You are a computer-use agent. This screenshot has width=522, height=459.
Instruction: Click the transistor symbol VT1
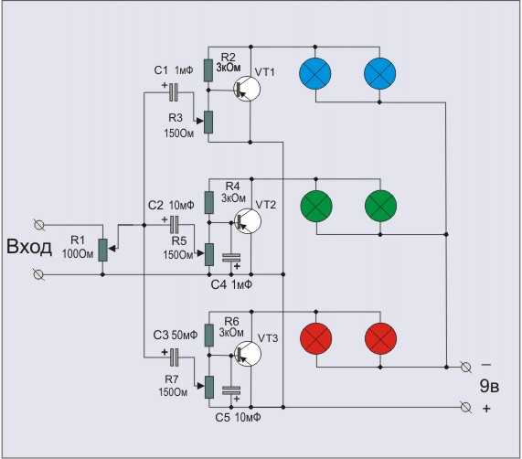(247, 90)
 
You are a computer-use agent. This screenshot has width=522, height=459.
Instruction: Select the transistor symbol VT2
(248, 221)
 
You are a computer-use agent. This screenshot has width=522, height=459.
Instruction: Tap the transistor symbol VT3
(248, 354)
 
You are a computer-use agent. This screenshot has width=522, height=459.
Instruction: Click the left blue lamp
(315, 73)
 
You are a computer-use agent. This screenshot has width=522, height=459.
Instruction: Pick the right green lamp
(380, 206)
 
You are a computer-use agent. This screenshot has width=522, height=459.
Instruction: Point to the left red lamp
(316, 339)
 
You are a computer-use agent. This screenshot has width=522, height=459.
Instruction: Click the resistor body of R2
(208, 70)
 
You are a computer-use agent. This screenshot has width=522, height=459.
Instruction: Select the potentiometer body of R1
(103, 250)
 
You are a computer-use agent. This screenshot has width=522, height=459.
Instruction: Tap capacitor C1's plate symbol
(174, 92)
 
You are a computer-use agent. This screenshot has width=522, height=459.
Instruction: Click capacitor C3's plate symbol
(174, 358)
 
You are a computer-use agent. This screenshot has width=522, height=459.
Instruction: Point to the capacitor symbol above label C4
(231, 258)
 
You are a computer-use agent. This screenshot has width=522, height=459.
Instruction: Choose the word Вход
(29, 247)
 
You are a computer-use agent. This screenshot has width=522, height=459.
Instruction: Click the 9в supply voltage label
(489, 386)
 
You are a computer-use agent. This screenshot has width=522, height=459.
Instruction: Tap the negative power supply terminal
(465, 368)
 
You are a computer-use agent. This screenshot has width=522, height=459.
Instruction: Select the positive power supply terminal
(465, 407)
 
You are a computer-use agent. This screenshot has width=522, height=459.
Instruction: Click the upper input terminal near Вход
(39, 225)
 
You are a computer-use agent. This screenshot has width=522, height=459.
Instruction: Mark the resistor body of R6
(208, 336)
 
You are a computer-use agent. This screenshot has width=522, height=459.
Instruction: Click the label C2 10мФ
(171, 205)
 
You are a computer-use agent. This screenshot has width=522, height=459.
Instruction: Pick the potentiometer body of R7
(209, 387)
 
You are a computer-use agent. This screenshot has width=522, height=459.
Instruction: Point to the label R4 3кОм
(234, 192)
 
